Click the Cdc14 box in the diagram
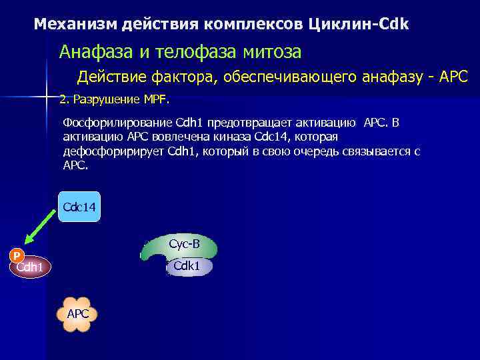pyautogui.click(x=79, y=207)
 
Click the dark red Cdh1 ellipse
pyautogui.click(x=30, y=267)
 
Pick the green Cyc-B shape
pyautogui.click(x=175, y=247)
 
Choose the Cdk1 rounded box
pyautogui.click(x=187, y=267)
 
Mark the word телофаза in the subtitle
pyautogui.click(x=183, y=51)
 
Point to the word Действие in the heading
pyautogui.click(x=109, y=77)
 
